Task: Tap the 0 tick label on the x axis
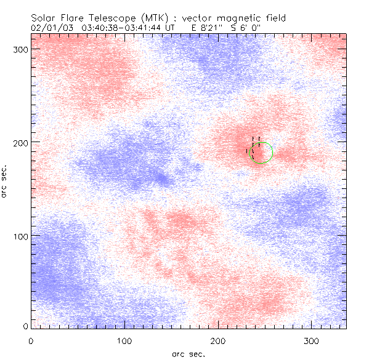point(31,340)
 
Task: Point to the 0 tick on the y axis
point(25,326)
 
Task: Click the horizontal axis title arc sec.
point(188,353)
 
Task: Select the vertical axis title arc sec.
point(5,181)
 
